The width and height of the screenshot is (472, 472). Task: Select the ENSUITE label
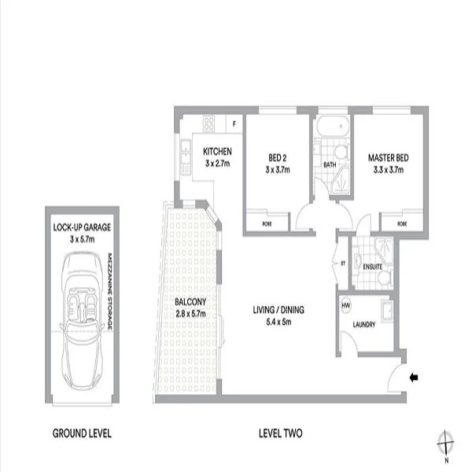click(371, 267)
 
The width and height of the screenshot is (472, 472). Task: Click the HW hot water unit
click(346, 304)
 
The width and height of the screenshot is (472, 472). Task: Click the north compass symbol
click(445, 443)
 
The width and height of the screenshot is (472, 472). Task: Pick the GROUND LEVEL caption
click(81, 433)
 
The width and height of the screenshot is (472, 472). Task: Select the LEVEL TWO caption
click(281, 433)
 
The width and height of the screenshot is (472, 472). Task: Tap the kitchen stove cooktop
click(210, 123)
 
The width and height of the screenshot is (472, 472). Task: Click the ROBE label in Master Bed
click(402, 223)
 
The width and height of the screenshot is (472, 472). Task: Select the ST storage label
click(344, 263)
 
